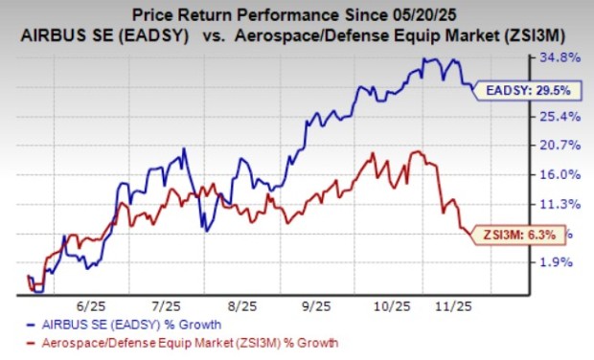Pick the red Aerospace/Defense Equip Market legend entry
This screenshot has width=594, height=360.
point(183,342)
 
